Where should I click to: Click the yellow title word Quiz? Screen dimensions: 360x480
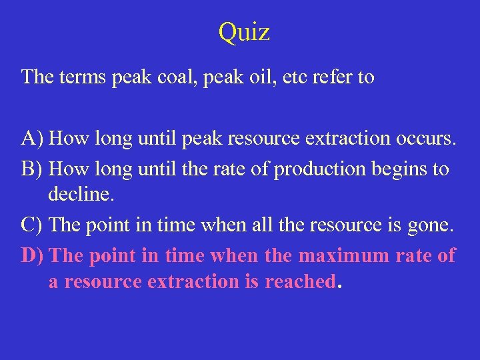click(243, 32)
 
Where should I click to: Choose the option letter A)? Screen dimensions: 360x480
click(33, 139)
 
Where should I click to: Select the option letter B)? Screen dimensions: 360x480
click(33, 169)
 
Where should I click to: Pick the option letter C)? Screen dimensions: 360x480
click(33, 225)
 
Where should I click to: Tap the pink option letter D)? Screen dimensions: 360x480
click(33, 255)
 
